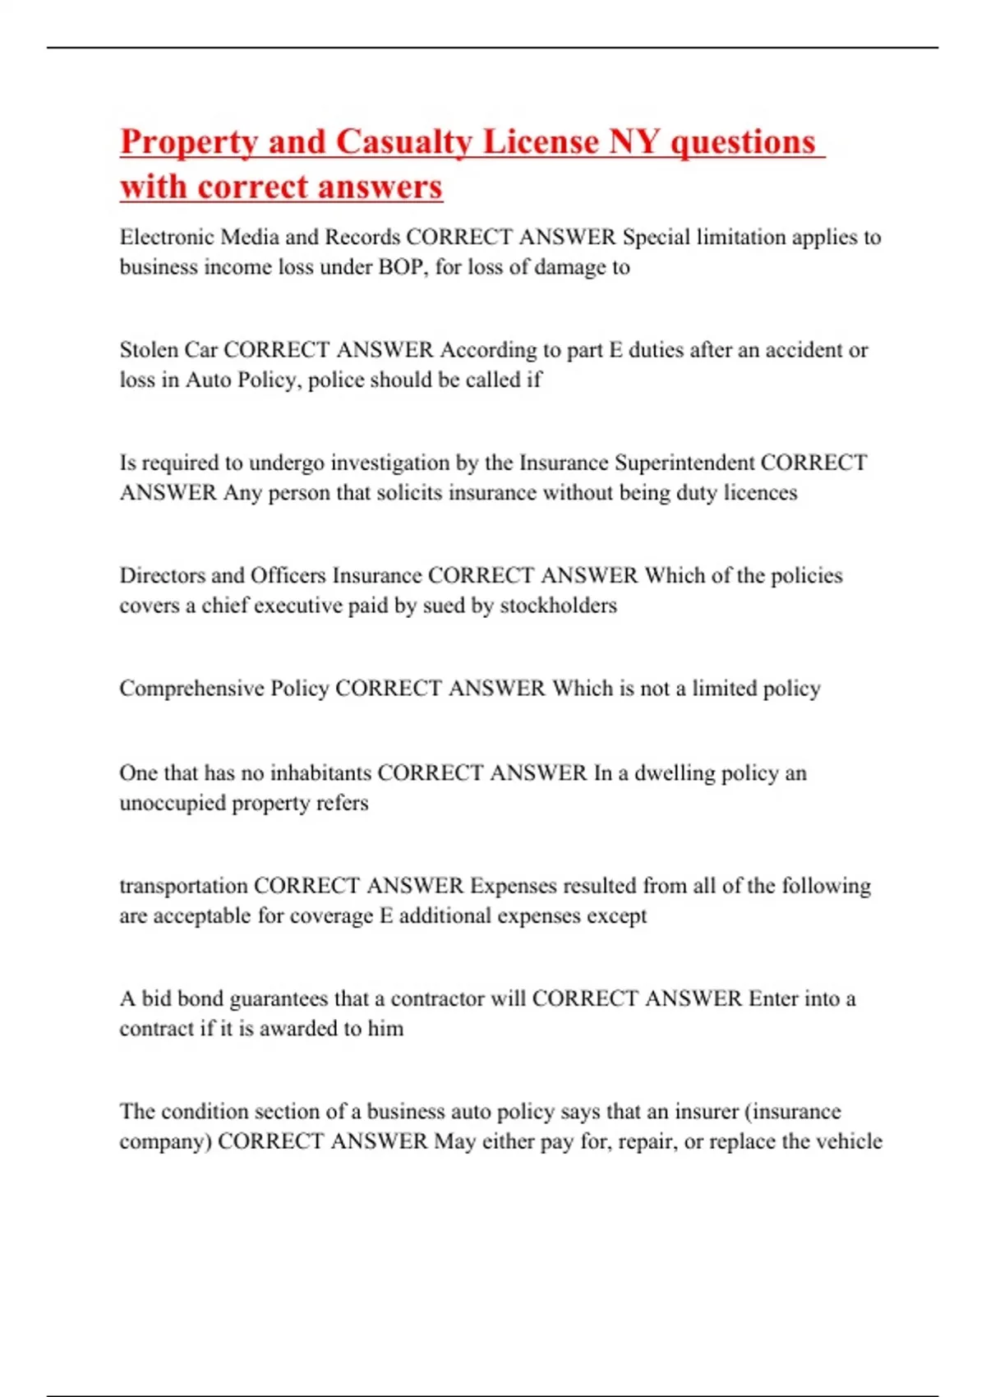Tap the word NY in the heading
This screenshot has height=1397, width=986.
tap(634, 141)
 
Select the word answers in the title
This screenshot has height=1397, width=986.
tap(380, 187)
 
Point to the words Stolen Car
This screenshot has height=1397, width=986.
tap(168, 350)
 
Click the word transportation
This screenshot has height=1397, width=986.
tap(183, 886)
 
